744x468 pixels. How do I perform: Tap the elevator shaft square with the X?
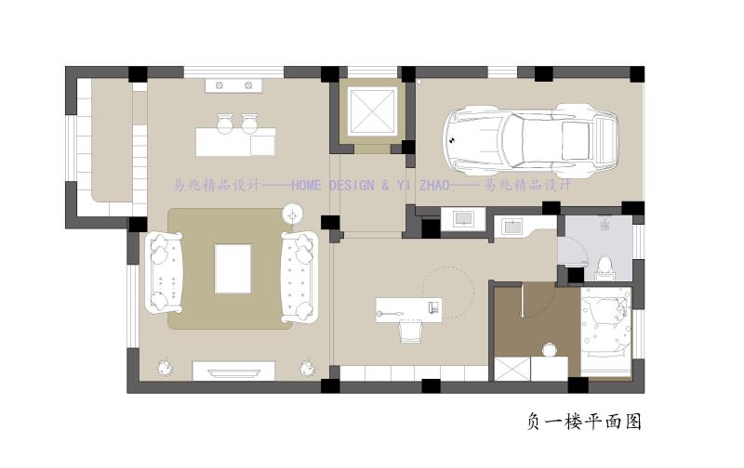pyautogui.click(x=372, y=111)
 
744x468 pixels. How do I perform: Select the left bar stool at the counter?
pyautogui.click(x=224, y=124)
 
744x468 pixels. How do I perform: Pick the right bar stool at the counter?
pyautogui.click(x=249, y=124)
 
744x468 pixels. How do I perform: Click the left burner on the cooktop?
pyautogui.click(x=219, y=85)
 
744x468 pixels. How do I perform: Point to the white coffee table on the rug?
pyautogui.click(x=232, y=269)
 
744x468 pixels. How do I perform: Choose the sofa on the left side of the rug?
pyautogui.click(x=165, y=272)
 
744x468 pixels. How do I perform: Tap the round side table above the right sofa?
pyautogui.click(x=292, y=215)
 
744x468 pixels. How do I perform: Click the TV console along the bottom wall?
pyautogui.click(x=233, y=370)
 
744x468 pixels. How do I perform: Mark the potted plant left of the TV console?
pyautogui.click(x=166, y=368)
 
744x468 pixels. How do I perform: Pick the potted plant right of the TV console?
pyautogui.click(x=308, y=368)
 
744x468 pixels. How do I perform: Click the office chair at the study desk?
pyautogui.click(x=410, y=331)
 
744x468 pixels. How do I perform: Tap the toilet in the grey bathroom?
pyautogui.click(x=604, y=268)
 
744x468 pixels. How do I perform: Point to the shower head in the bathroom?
pyautogui.click(x=604, y=223)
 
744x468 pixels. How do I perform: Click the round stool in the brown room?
pyautogui.click(x=550, y=349)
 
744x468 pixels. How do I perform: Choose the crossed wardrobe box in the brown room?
pyautogui.click(x=512, y=369)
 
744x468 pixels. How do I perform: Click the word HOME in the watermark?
pyautogui.click(x=306, y=185)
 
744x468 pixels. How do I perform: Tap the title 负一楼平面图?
pyautogui.click(x=585, y=421)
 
